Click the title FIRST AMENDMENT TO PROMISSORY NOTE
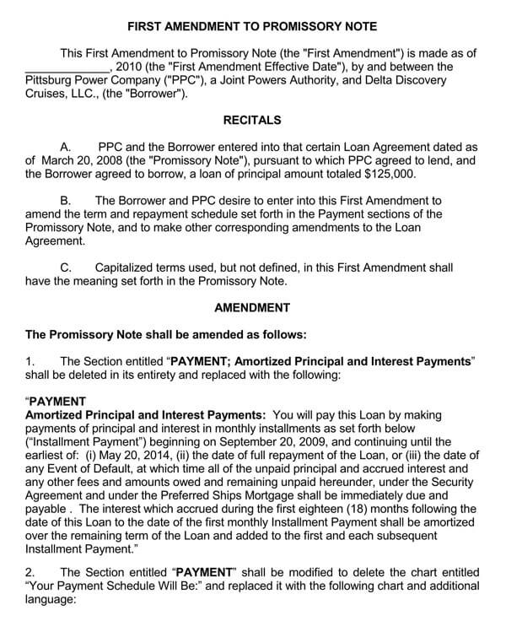tap(253, 27)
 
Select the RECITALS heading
tap(253, 121)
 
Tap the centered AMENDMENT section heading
tap(253, 307)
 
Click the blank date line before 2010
tap(67, 67)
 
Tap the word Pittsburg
tap(52, 81)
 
